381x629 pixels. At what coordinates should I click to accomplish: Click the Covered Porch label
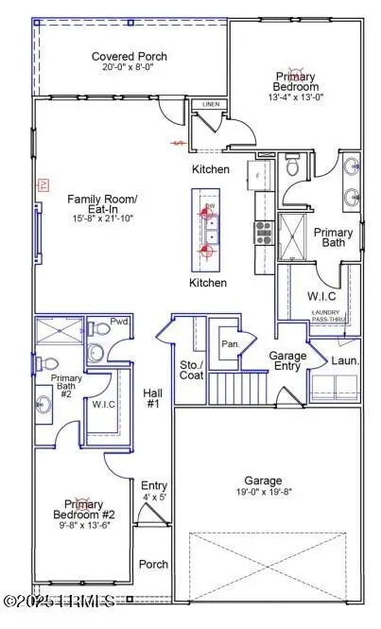click(130, 57)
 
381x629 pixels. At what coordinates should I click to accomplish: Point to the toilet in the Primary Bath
click(292, 168)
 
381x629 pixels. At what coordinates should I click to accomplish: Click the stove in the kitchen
click(262, 227)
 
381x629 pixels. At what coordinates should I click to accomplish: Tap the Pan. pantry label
click(229, 344)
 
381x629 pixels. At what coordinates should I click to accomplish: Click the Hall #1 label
click(153, 398)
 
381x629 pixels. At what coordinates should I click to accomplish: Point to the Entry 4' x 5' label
click(154, 490)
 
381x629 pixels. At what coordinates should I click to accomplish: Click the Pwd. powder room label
click(119, 323)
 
